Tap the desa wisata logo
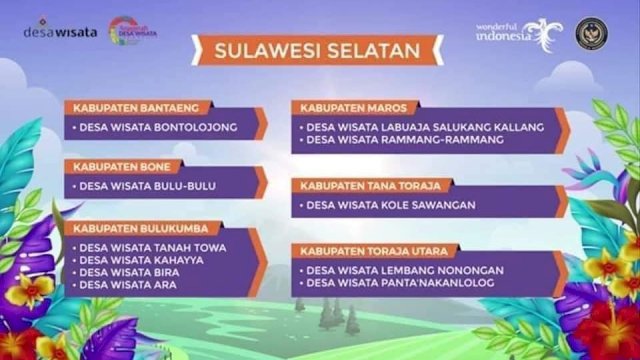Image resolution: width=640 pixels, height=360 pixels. (x=60, y=31)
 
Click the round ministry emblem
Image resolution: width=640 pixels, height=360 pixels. (x=591, y=31)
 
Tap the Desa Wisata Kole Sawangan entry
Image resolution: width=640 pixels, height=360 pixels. (x=386, y=206)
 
